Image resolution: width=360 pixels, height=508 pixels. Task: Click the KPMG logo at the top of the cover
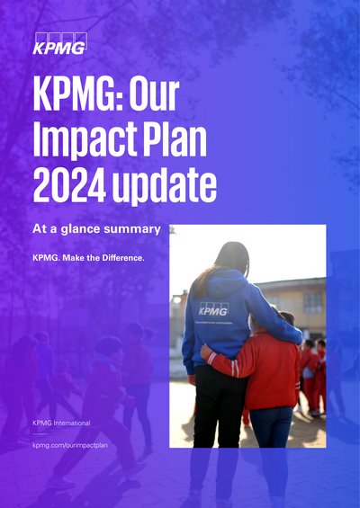[x=59, y=43]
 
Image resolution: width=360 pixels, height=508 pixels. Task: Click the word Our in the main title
[x=154, y=94]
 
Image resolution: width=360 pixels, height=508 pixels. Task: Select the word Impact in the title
[x=85, y=140]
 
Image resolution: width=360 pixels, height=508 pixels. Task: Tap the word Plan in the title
[x=175, y=139]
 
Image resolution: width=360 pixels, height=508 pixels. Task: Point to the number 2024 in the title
[x=69, y=185]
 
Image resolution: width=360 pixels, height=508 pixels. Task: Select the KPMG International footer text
[x=61, y=423]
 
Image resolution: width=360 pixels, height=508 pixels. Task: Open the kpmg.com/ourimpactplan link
[x=70, y=445]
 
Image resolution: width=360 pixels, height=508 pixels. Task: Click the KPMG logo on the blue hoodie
[x=213, y=309]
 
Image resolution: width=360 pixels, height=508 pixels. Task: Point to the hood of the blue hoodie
[x=224, y=284]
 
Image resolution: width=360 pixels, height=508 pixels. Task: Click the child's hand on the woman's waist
[x=206, y=352]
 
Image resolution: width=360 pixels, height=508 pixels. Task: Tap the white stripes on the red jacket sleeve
[x=236, y=368]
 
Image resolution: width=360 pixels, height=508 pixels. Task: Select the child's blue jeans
[x=270, y=427]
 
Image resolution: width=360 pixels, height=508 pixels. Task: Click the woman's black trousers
[x=219, y=407]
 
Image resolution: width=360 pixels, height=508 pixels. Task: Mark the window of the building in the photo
[x=313, y=304]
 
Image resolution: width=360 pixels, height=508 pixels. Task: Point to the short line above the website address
[x=40, y=433]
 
